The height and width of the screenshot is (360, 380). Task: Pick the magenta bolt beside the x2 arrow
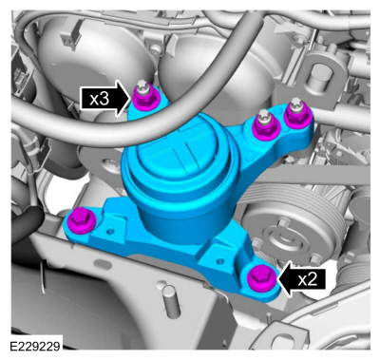(x=259, y=277)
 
